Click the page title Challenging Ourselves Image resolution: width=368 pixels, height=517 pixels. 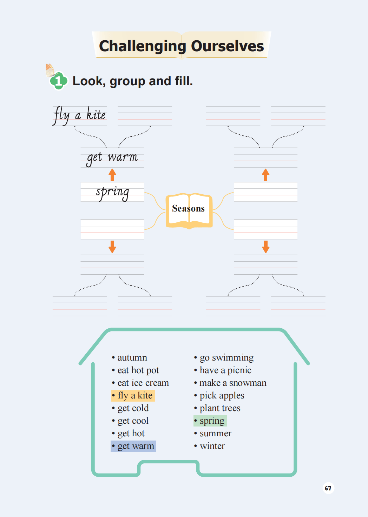coord(181,46)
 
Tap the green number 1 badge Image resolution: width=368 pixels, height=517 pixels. coord(59,81)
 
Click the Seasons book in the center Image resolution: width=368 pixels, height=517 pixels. coord(189,209)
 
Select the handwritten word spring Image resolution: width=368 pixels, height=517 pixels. coord(112,192)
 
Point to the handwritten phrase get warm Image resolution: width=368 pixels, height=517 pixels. coord(112,157)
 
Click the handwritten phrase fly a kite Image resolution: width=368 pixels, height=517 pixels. coord(80,115)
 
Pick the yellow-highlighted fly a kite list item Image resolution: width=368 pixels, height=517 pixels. coord(133,396)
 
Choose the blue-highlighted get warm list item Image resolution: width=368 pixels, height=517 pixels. coord(133,446)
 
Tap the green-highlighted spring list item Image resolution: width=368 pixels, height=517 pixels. coord(210,421)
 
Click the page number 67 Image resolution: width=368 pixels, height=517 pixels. coord(328,488)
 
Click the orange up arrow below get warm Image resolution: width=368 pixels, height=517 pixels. coord(112,174)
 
